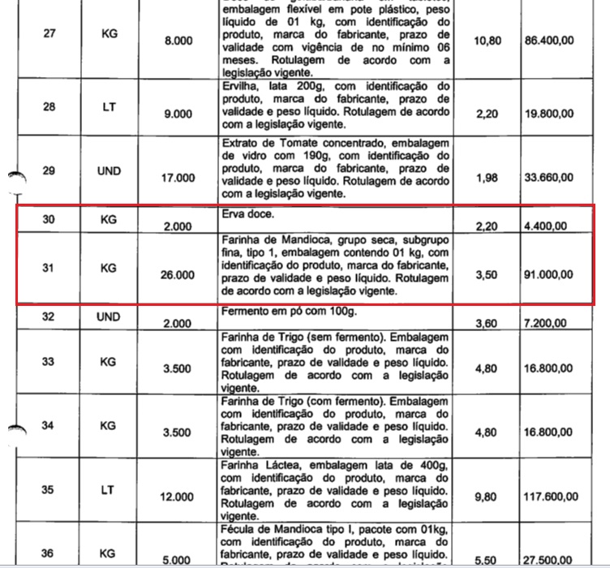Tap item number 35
pyautogui.click(x=49, y=489)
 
